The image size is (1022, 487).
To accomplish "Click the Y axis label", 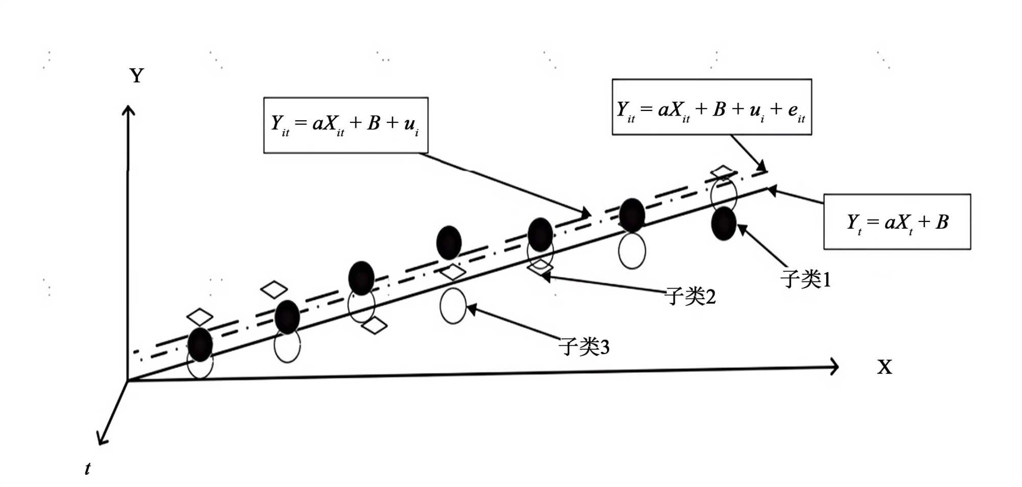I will tap(136, 76).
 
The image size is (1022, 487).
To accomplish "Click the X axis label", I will tap(885, 367).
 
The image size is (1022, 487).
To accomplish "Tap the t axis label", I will tap(88, 468).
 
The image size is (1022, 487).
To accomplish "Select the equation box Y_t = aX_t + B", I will tap(897, 222).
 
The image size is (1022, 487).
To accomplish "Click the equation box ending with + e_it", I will tap(711, 107).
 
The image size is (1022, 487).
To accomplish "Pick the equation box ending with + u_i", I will tap(345, 125).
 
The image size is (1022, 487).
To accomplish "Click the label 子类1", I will tap(805, 279).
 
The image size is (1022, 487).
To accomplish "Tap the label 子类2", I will tap(690, 296).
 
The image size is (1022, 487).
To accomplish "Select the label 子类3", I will tap(584, 347).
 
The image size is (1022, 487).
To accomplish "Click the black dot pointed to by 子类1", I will tap(724, 224).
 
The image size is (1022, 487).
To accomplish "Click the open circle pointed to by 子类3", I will tap(453, 306).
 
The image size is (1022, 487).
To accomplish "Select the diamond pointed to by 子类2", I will tap(540, 266).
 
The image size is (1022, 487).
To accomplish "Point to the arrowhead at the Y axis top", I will tap(129, 109).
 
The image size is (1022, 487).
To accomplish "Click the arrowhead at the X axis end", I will tap(834, 366).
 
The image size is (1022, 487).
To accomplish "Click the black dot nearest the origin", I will tap(200, 344).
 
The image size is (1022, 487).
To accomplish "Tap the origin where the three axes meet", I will tap(128, 381).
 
